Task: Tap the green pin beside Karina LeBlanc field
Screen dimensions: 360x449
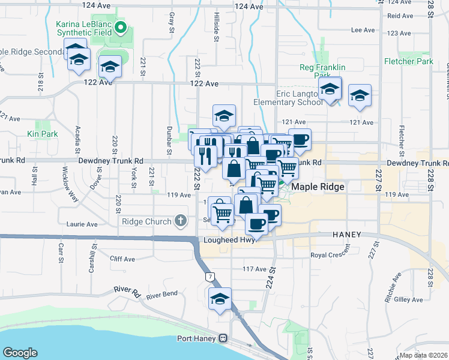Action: pos(121,28)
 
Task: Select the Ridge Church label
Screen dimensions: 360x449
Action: pos(146,221)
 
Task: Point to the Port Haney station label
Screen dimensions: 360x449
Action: pos(197,338)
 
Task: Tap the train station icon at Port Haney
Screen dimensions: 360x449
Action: pos(223,338)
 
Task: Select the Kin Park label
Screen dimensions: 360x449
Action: pos(42,134)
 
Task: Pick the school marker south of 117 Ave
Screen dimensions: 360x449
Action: pos(220,299)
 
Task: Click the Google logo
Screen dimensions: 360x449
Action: pos(20,352)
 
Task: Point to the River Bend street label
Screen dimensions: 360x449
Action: pos(162,295)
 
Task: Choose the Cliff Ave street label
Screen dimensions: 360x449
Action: pos(123,259)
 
